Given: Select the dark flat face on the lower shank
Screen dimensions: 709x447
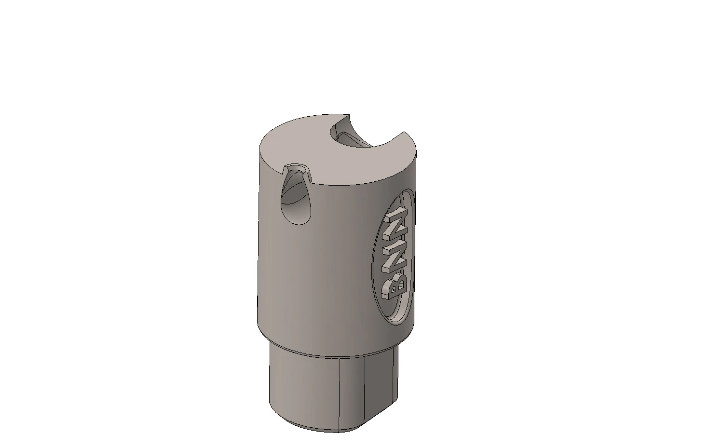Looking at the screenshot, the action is pos(380,393).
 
